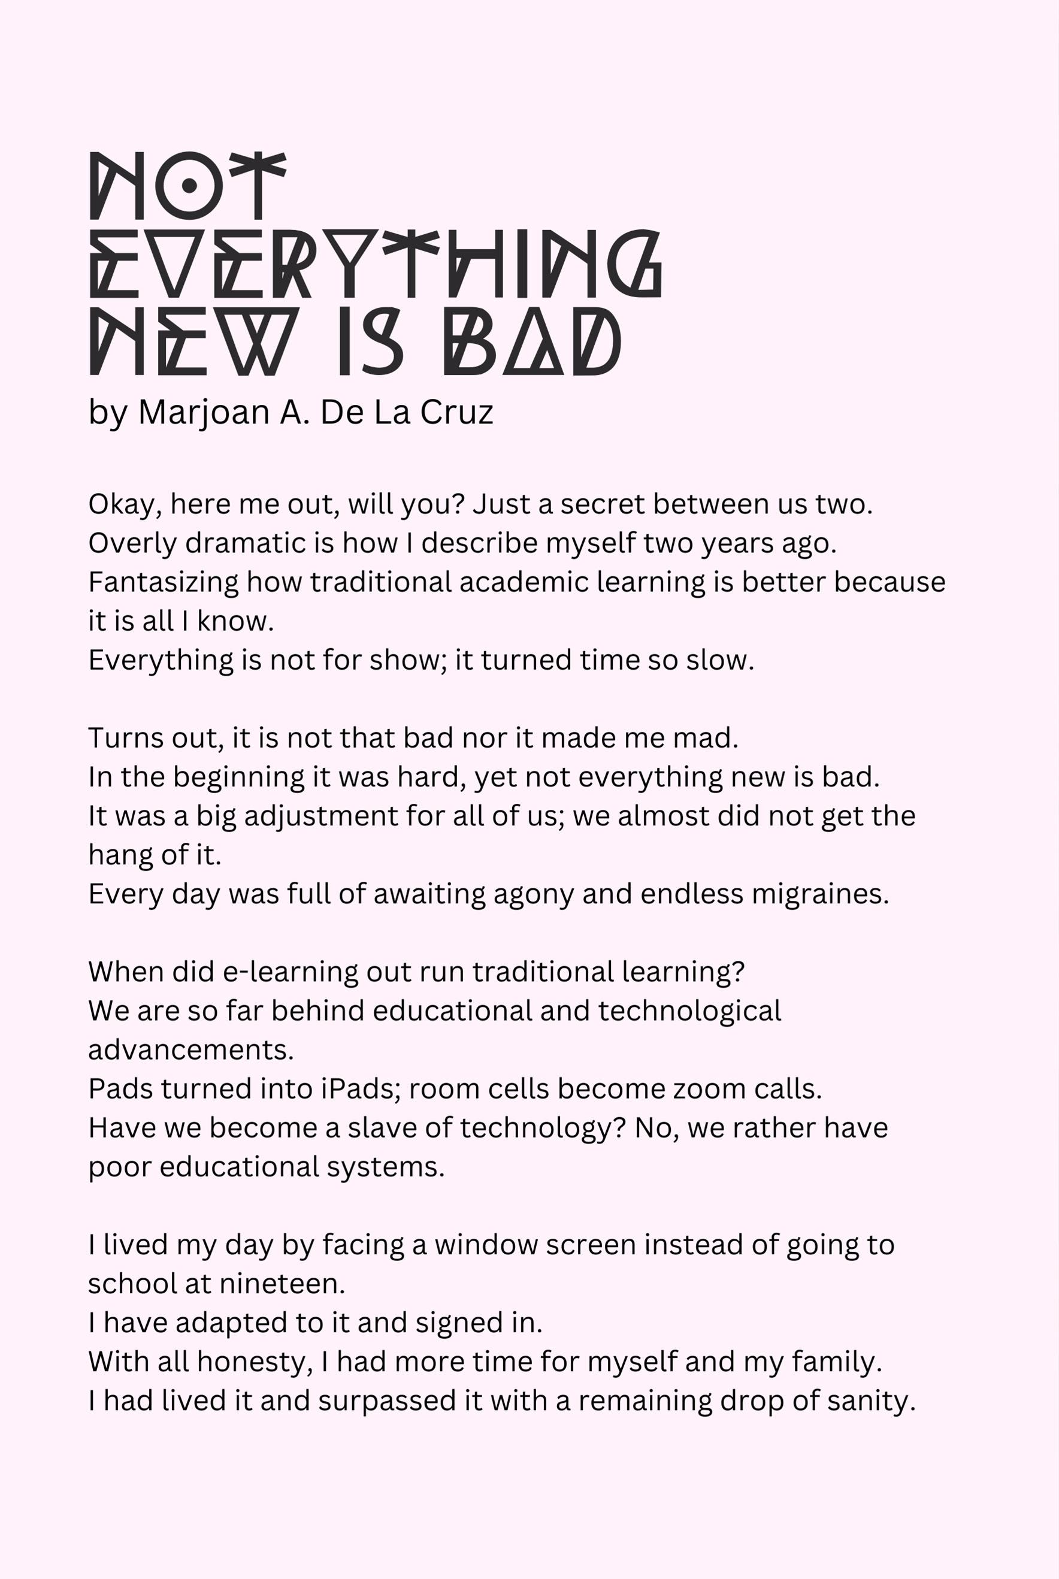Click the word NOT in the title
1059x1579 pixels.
click(x=187, y=186)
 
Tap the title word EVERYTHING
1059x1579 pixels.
click(x=376, y=264)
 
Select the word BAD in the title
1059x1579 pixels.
click(x=531, y=341)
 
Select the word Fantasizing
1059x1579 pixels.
click(x=163, y=582)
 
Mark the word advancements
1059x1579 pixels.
click(x=190, y=1050)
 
